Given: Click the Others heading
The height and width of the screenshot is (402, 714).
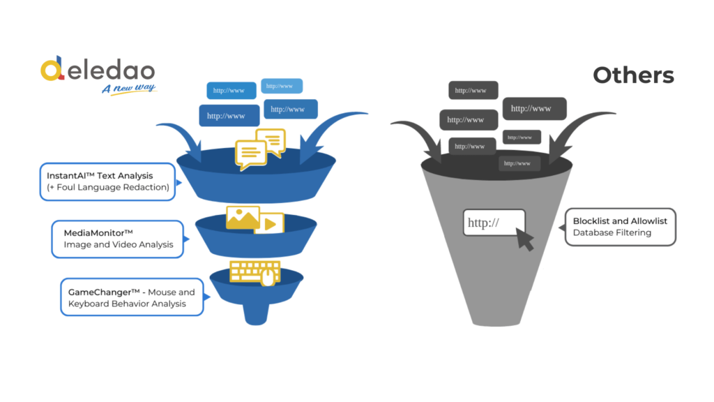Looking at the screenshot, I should (x=633, y=75).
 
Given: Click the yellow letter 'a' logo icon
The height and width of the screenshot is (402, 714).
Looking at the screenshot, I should (x=52, y=70).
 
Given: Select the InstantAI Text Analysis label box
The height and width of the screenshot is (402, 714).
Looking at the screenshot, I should (x=107, y=181).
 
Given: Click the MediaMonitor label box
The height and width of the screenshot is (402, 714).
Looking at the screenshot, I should (x=118, y=238).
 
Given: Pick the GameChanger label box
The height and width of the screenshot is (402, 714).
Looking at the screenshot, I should (x=132, y=297).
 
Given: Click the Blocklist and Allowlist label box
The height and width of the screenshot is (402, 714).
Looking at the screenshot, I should (x=620, y=226).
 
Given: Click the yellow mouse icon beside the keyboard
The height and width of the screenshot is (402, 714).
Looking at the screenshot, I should (x=268, y=278).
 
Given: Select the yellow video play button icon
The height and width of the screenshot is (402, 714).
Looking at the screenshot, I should (x=270, y=224).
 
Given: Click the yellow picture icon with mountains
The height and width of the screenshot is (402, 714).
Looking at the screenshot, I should (x=242, y=217).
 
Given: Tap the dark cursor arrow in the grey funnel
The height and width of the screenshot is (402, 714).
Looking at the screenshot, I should (x=524, y=240).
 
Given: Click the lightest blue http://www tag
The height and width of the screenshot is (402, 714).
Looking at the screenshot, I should (x=282, y=86).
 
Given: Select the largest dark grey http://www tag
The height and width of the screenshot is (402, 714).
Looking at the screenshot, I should (x=534, y=108).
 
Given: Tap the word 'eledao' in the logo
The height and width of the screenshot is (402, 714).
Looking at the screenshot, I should (x=112, y=70).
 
